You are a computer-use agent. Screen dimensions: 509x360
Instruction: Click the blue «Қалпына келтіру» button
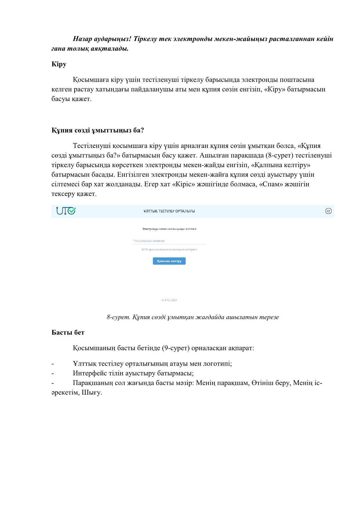tap(169, 261)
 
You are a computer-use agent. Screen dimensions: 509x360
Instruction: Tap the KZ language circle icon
tap(328, 211)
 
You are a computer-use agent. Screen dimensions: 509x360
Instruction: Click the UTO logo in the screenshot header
tap(66, 211)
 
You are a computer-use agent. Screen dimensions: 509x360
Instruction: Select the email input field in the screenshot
tap(169, 241)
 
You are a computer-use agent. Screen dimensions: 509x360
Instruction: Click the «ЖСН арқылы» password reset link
tap(169, 249)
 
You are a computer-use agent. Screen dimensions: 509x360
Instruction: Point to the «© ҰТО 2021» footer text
tap(169, 300)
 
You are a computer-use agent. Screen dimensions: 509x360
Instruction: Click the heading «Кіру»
tap(59, 64)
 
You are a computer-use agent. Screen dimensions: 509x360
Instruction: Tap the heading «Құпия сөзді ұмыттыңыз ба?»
tap(98, 130)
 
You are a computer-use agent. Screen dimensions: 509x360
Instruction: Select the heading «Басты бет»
tap(68, 333)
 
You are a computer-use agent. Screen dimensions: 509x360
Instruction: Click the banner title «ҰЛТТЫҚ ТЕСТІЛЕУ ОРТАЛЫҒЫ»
tap(169, 211)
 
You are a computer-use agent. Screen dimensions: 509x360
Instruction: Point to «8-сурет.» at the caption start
tap(118, 317)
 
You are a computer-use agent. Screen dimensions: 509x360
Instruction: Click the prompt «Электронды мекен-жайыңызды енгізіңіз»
tap(169, 229)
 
